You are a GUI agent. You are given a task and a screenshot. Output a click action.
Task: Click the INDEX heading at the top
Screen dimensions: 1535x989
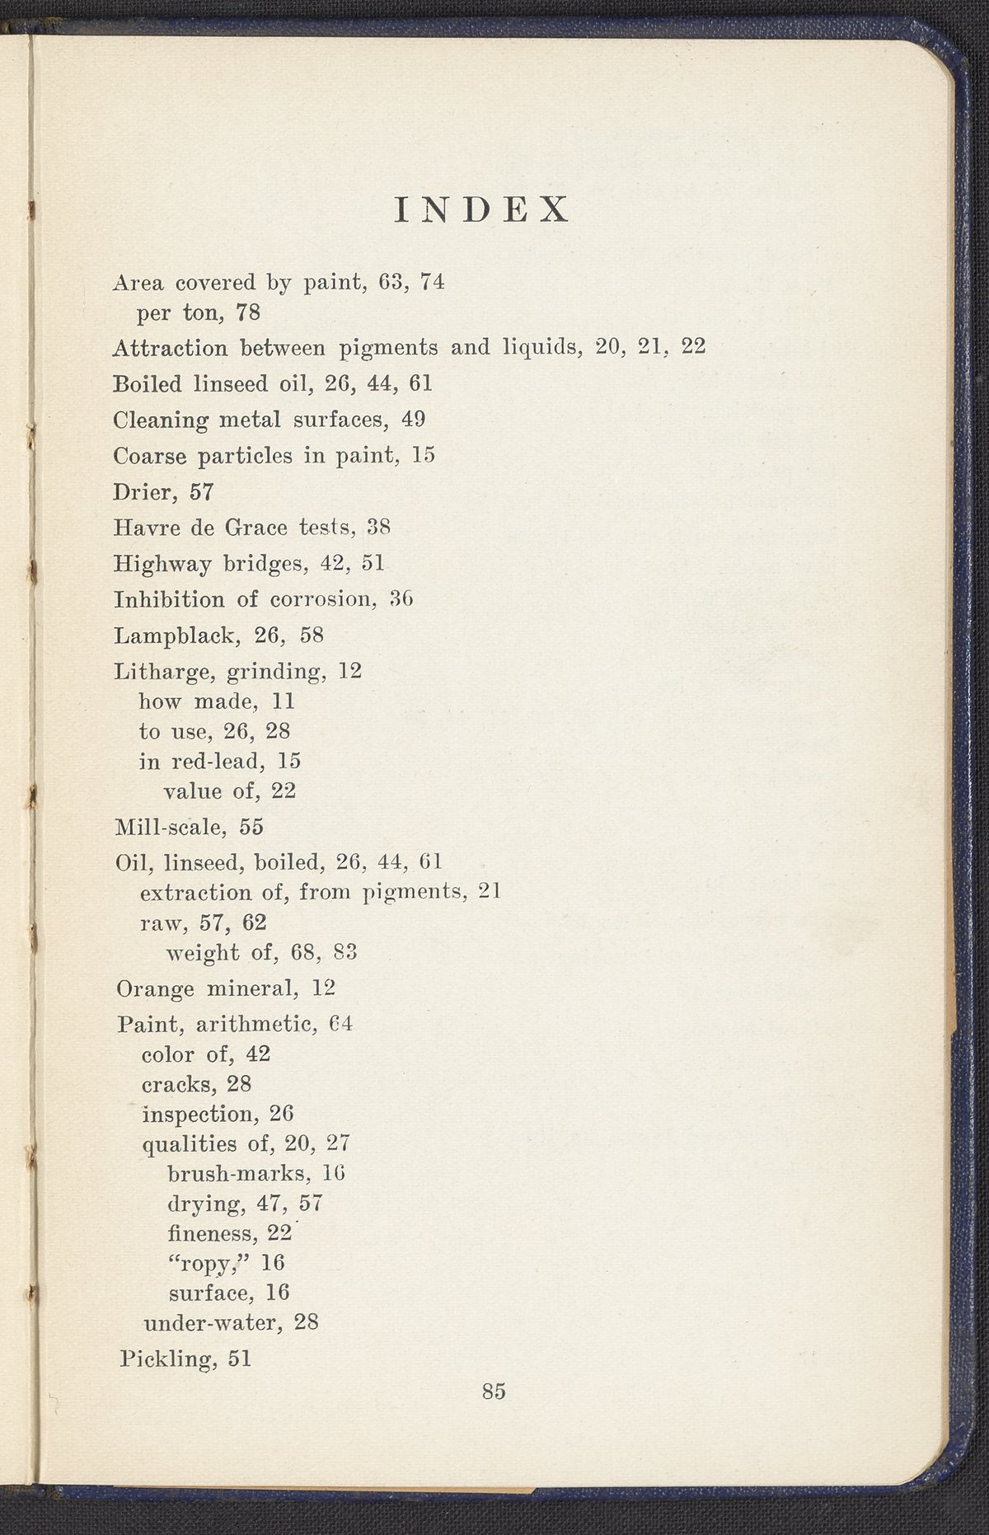[482, 210]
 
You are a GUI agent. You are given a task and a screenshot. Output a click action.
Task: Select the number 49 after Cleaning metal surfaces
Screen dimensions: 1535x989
[413, 420]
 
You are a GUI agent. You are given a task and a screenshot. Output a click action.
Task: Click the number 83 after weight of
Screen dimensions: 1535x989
[345, 953]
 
